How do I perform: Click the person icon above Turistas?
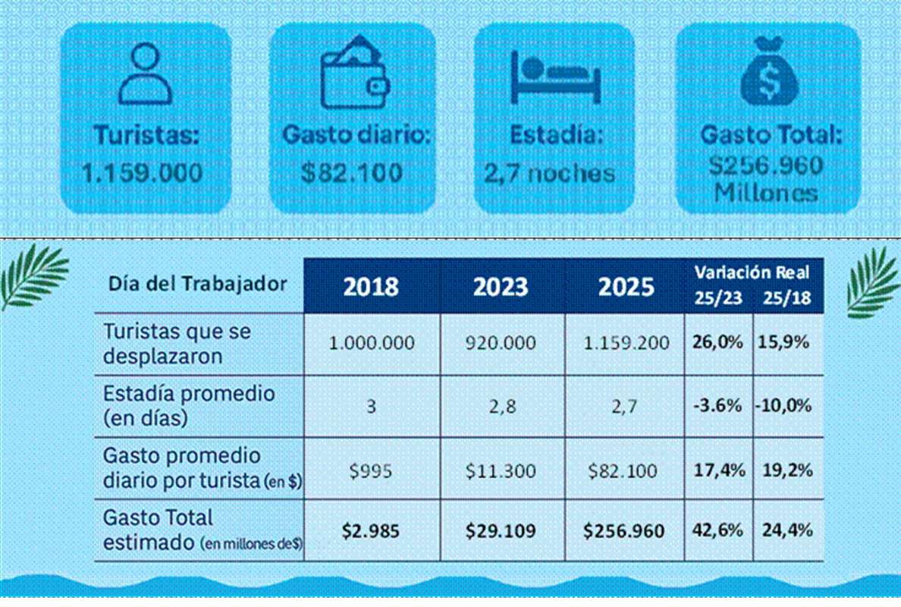click(x=146, y=74)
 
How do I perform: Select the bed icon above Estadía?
click(x=555, y=76)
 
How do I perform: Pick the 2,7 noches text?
click(x=550, y=173)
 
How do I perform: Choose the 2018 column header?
click(x=372, y=287)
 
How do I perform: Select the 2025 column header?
click(x=625, y=287)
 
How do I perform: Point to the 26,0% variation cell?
click(x=717, y=343)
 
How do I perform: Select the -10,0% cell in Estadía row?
click(x=783, y=406)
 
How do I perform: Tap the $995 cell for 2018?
click(x=372, y=471)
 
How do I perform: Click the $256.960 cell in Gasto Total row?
click(x=625, y=530)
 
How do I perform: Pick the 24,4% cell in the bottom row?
click(x=784, y=530)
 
